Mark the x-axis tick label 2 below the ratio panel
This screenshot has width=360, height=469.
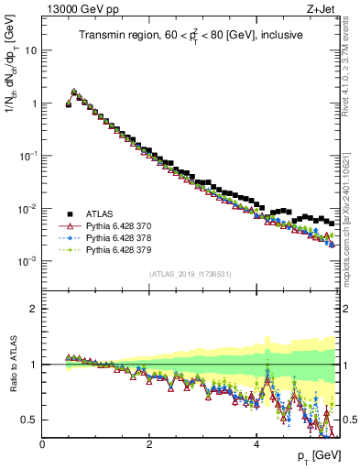click(x=148, y=443)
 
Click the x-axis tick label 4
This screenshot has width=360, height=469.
click(x=256, y=443)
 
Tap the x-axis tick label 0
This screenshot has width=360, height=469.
click(x=42, y=443)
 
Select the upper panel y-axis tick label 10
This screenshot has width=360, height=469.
click(x=31, y=49)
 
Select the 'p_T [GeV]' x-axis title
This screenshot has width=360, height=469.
click(x=313, y=456)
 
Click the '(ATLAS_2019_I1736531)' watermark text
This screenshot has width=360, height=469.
click(x=191, y=274)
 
